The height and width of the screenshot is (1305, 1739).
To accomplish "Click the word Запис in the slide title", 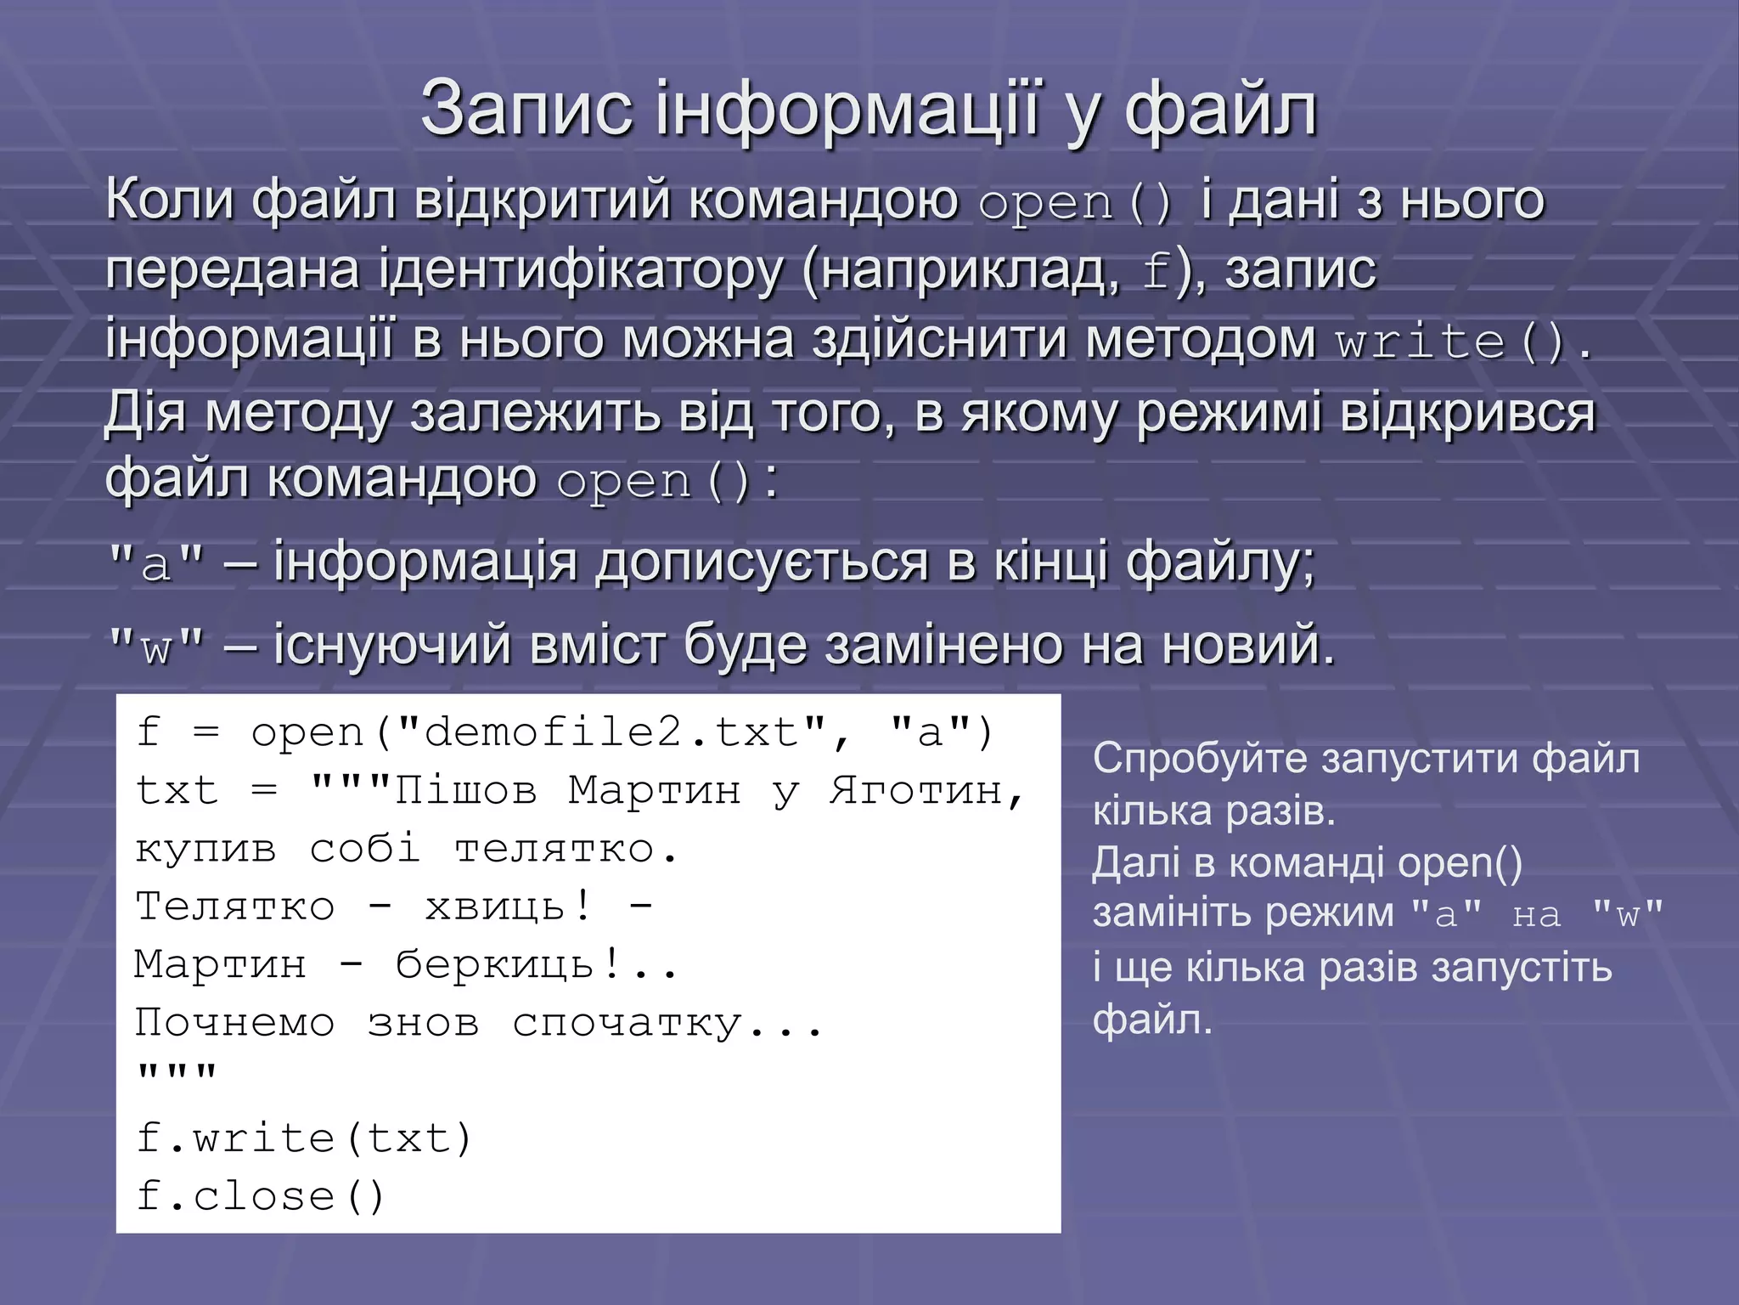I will (526, 109).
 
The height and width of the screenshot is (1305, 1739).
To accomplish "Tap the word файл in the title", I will (1220, 109).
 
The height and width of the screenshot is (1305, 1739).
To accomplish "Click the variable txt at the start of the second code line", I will (177, 791).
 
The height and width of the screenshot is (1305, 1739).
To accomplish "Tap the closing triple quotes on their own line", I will (177, 1073).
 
